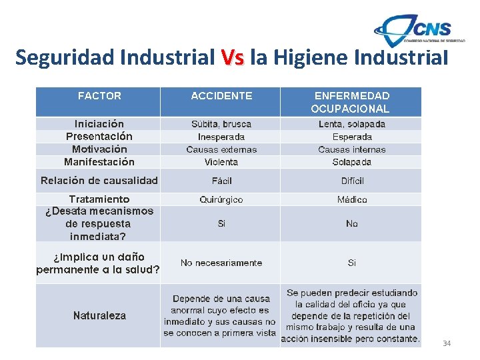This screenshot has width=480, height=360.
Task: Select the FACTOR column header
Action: point(99,96)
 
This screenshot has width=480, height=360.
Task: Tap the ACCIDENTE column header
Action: point(221,96)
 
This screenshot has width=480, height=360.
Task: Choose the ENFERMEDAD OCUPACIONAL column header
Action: point(351,102)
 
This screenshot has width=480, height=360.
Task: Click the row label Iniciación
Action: point(99,124)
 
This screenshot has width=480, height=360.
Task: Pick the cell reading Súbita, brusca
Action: point(221,124)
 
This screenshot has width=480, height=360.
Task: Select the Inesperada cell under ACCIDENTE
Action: point(221,137)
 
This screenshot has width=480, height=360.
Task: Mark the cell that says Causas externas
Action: point(221,149)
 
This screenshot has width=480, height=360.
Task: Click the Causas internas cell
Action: point(351,149)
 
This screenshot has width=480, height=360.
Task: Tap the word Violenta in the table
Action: point(221,162)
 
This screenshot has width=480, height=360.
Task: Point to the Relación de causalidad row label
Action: point(99,181)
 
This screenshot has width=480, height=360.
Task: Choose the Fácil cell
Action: point(221,181)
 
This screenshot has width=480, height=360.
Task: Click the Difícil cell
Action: point(352,181)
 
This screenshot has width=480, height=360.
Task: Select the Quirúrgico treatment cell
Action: point(221,199)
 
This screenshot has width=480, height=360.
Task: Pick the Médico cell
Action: point(352,199)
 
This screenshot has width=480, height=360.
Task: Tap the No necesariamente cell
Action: point(221,263)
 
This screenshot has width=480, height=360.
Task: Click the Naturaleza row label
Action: point(99,316)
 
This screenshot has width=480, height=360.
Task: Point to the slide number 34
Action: point(447,343)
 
